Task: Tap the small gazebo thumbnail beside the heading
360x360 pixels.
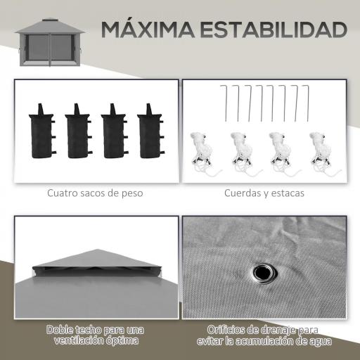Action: (x=46, y=41)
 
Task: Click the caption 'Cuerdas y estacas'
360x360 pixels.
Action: (x=265, y=191)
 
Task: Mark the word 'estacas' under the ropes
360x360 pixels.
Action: (x=288, y=191)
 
